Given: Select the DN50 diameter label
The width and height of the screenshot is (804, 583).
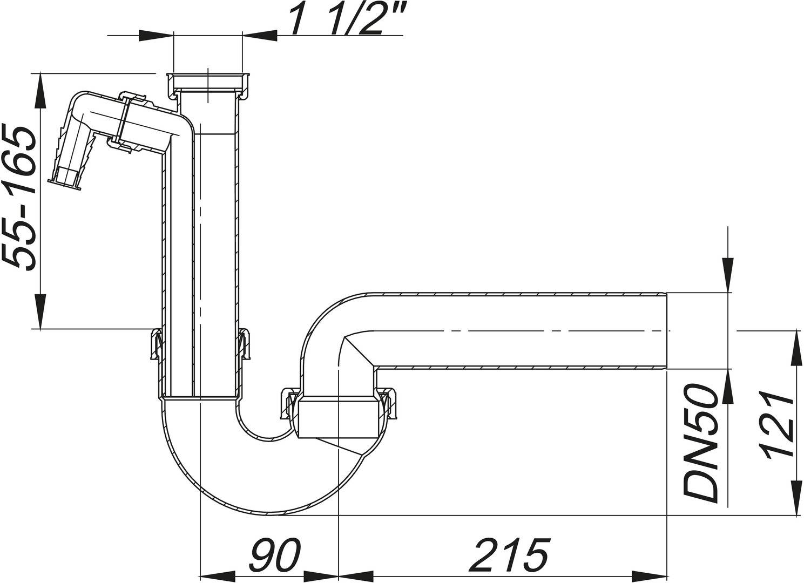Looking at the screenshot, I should (x=701, y=443).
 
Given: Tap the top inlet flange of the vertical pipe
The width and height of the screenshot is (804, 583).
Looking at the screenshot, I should (x=207, y=76).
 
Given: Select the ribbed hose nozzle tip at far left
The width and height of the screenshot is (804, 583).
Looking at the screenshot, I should (x=65, y=178).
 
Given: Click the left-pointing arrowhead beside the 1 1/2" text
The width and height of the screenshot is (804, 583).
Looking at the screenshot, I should (x=260, y=36).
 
